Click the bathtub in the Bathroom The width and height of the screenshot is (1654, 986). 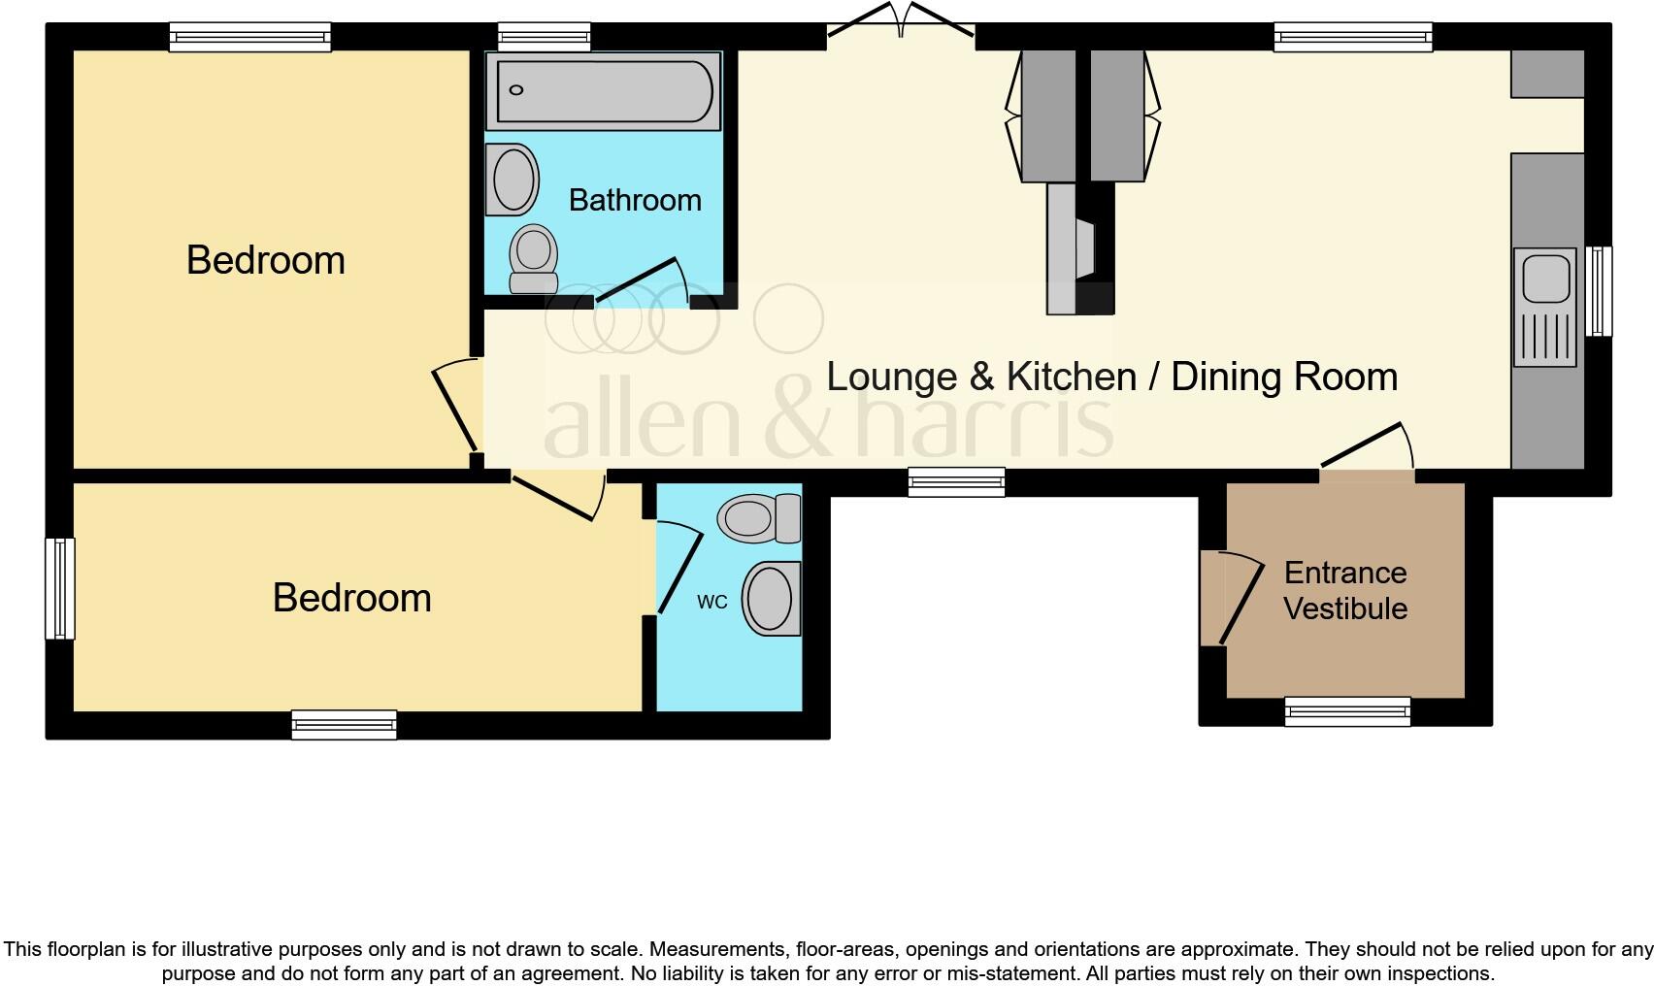(603, 91)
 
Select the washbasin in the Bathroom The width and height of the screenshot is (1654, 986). (513, 180)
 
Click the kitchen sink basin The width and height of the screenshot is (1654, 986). (1545, 278)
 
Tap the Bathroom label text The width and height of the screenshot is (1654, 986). (635, 200)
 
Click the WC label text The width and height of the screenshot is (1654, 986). (711, 602)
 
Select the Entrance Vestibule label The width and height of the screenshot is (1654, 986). (1345, 590)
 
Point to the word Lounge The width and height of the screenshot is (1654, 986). (883, 377)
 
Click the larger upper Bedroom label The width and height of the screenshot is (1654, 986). (265, 260)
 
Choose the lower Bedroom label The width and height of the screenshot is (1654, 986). (351, 598)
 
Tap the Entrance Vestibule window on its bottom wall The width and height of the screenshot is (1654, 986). (1347, 711)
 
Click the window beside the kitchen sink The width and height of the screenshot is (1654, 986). (1599, 291)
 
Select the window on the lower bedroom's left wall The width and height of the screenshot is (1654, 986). (60, 588)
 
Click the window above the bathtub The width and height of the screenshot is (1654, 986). (545, 38)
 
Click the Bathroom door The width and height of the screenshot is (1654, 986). (641, 281)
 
